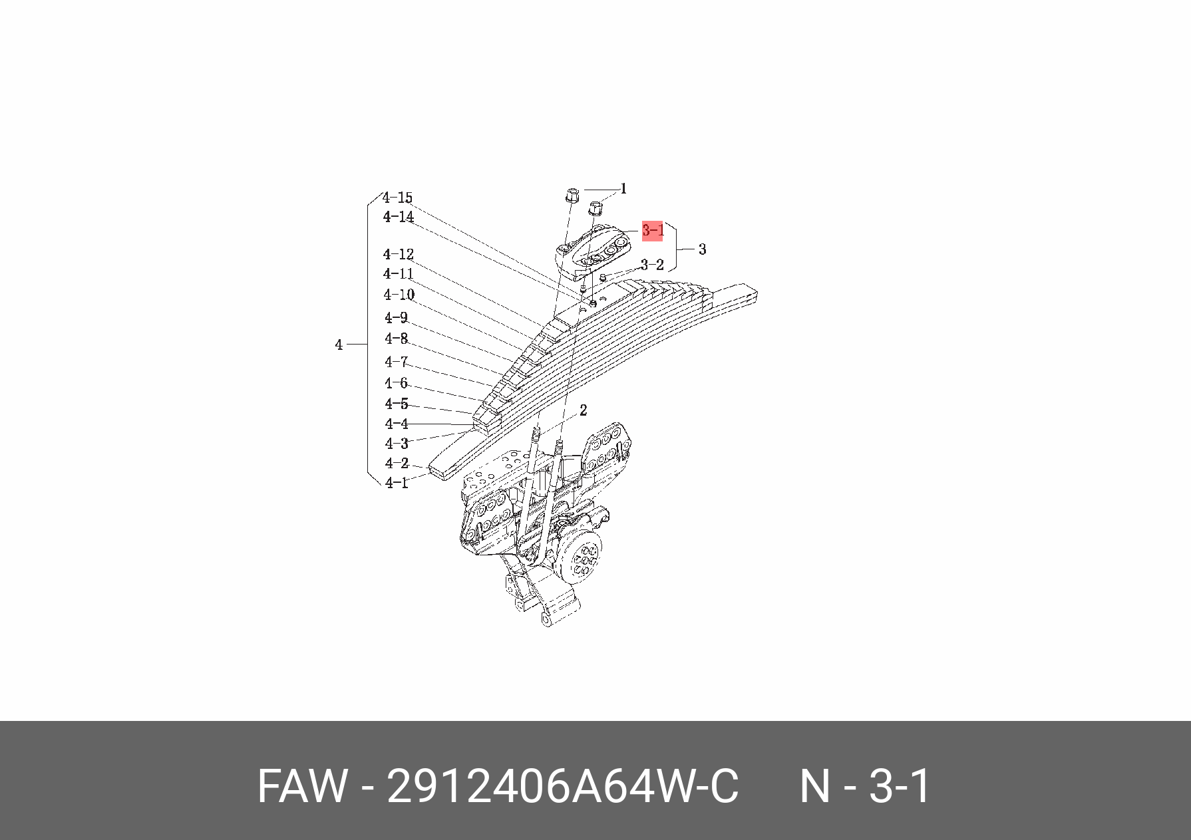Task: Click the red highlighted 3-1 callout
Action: (652, 231)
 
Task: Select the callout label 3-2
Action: (652, 265)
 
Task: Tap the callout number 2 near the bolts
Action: (583, 410)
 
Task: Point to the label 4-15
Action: (398, 198)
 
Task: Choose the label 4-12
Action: (399, 254)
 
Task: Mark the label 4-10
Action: (399, 295)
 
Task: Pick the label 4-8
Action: (396, 339)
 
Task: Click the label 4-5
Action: (397, 404)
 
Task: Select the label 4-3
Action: (397, 443)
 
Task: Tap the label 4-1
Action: (397, 483)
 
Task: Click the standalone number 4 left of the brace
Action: (339, 345)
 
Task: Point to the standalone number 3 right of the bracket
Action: (702, 249)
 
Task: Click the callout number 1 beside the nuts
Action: (623, 189)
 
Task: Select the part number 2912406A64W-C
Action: (562, 787)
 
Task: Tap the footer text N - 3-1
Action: (864, 787)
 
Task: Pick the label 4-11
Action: (399, 274)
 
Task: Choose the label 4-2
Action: (397, 463)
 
